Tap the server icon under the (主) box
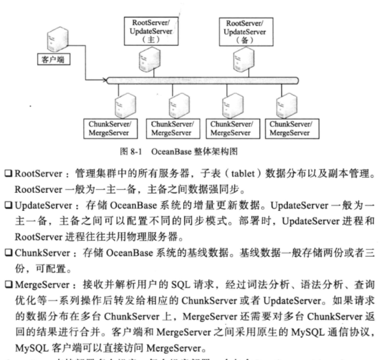coord(146,61)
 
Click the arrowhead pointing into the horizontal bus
coord(103,79)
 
